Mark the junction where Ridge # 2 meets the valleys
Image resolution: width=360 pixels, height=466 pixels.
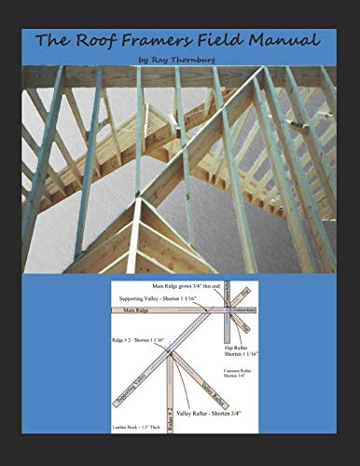(171, 357)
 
